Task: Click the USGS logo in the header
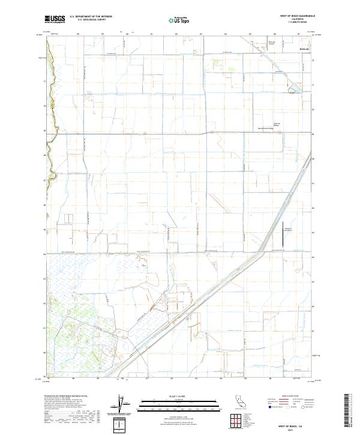tap(55, 20)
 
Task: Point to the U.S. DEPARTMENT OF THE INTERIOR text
tap(91, 17)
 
